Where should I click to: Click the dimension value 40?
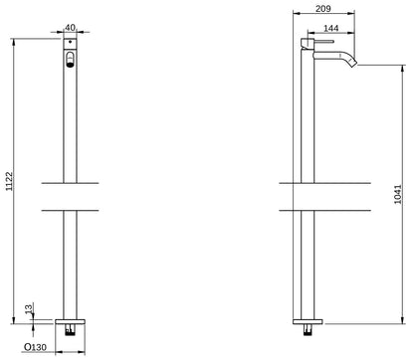pos(69,29)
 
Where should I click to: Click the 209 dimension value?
pos(321,9)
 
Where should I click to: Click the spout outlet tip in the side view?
pos(354,66)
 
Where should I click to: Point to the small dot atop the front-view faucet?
pos(69,46)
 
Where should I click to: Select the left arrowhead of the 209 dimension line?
pos(296,16)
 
